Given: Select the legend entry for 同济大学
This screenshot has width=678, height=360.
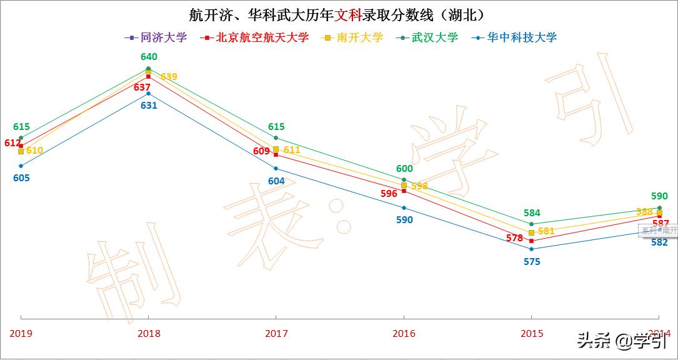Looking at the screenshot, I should click(157, 37).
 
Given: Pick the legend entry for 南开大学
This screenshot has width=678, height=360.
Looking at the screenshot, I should click(353, 37).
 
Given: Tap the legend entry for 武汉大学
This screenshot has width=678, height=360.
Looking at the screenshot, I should click(429, 37).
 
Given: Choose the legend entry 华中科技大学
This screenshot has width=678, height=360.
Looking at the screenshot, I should click(516, 37).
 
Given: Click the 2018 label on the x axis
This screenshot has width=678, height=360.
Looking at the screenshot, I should click(148, 334).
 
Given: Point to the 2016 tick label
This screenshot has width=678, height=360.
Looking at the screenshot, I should click(404, 334).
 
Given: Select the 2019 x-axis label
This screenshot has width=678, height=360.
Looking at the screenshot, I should click(21, 334).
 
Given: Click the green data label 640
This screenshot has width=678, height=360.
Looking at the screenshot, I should click(149, 57).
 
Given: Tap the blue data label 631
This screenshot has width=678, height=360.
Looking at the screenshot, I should click(149, 106).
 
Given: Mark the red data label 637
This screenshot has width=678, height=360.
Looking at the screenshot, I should click(142, 87).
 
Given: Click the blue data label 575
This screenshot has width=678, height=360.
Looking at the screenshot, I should click(532, 262).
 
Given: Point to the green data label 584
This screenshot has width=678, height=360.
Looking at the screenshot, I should click(532, 213).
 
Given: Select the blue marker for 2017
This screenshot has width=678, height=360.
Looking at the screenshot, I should click(276, 169).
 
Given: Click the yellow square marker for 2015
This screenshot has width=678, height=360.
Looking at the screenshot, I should click(531, 232).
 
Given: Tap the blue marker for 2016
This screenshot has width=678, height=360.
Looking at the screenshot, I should click(404, 207).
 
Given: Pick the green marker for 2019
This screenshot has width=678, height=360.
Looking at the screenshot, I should click(21, 137).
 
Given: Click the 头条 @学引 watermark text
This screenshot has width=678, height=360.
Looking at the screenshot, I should click(621, 341).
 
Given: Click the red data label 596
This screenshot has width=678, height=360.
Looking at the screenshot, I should click(389, 194).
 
